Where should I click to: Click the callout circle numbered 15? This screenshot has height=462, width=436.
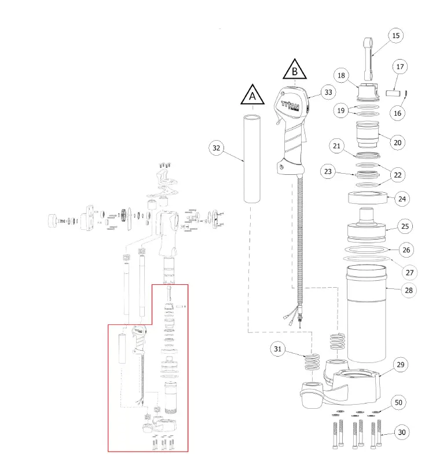pos(396,36)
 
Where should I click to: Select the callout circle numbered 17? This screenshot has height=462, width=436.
pos(399,67)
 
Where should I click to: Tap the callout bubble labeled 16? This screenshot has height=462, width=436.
pos(397,113)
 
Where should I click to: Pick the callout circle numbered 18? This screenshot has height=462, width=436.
pos(341,76)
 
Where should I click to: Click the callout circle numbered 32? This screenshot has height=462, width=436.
pos(217,148)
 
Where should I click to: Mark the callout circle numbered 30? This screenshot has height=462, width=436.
pos(402,432)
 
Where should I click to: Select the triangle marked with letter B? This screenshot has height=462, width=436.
pos(295,71)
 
